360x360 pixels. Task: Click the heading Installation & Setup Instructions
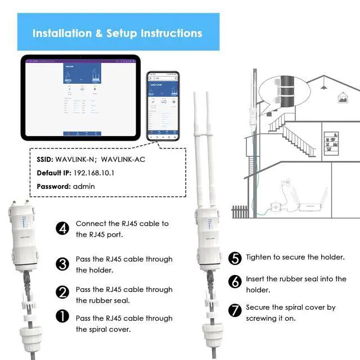click(117, 33)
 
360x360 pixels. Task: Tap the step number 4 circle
click(62, 228)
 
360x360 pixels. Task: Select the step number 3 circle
click(62, 264)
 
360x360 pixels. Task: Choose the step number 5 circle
click(236, 258)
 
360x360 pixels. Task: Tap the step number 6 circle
click(236, 280)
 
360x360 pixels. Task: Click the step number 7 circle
click(236, 309)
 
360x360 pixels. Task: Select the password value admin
click(84, 186)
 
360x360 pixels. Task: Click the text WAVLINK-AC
click(123, 159)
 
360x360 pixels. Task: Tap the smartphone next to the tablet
click(163, 105)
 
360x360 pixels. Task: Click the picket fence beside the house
click(240, 211)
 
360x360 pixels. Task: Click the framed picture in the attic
click(342, 98)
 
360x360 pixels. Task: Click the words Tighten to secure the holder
click(295, 257)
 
